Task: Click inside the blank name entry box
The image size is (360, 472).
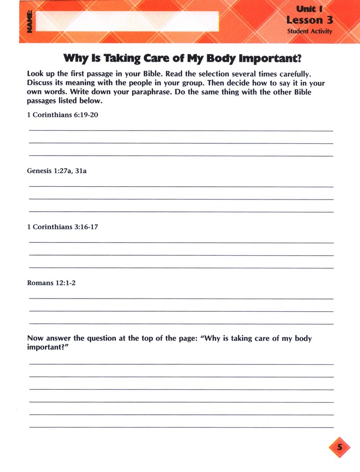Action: click(x=127, y=22)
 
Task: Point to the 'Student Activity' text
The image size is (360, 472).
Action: click(x=309, y=32)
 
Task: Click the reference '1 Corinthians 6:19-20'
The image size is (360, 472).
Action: click(x=62, y=115)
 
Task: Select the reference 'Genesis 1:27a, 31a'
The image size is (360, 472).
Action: click(x=57, y=171)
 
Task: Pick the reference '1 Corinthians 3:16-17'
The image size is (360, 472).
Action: click(x=62, y=227)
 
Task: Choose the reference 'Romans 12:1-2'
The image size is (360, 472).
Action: click(x=51, y=282)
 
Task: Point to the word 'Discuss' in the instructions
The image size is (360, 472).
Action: click(x=41, y=83)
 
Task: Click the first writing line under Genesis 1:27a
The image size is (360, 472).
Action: click(x=181, y=187)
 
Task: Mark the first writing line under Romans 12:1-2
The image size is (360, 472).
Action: click(x=181, y=299)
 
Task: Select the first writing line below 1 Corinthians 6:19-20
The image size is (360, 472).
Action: click(x=181, y=131)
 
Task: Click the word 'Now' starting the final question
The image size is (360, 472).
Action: click(x=35, y=338)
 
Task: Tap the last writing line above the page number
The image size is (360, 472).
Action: click(x=181, y=427)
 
